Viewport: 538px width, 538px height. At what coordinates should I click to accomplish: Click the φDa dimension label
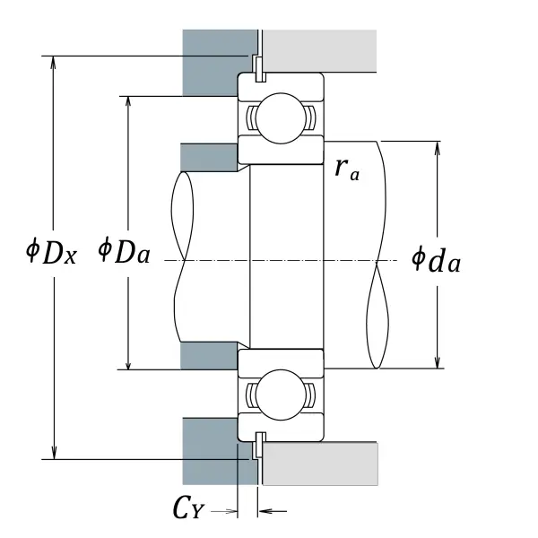coord(124,251)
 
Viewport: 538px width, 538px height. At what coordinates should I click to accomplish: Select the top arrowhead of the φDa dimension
coord(130,101)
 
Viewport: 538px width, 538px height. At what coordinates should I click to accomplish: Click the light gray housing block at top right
coord(318,51)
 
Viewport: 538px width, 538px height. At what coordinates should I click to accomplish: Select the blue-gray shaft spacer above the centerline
coord(209,156)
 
